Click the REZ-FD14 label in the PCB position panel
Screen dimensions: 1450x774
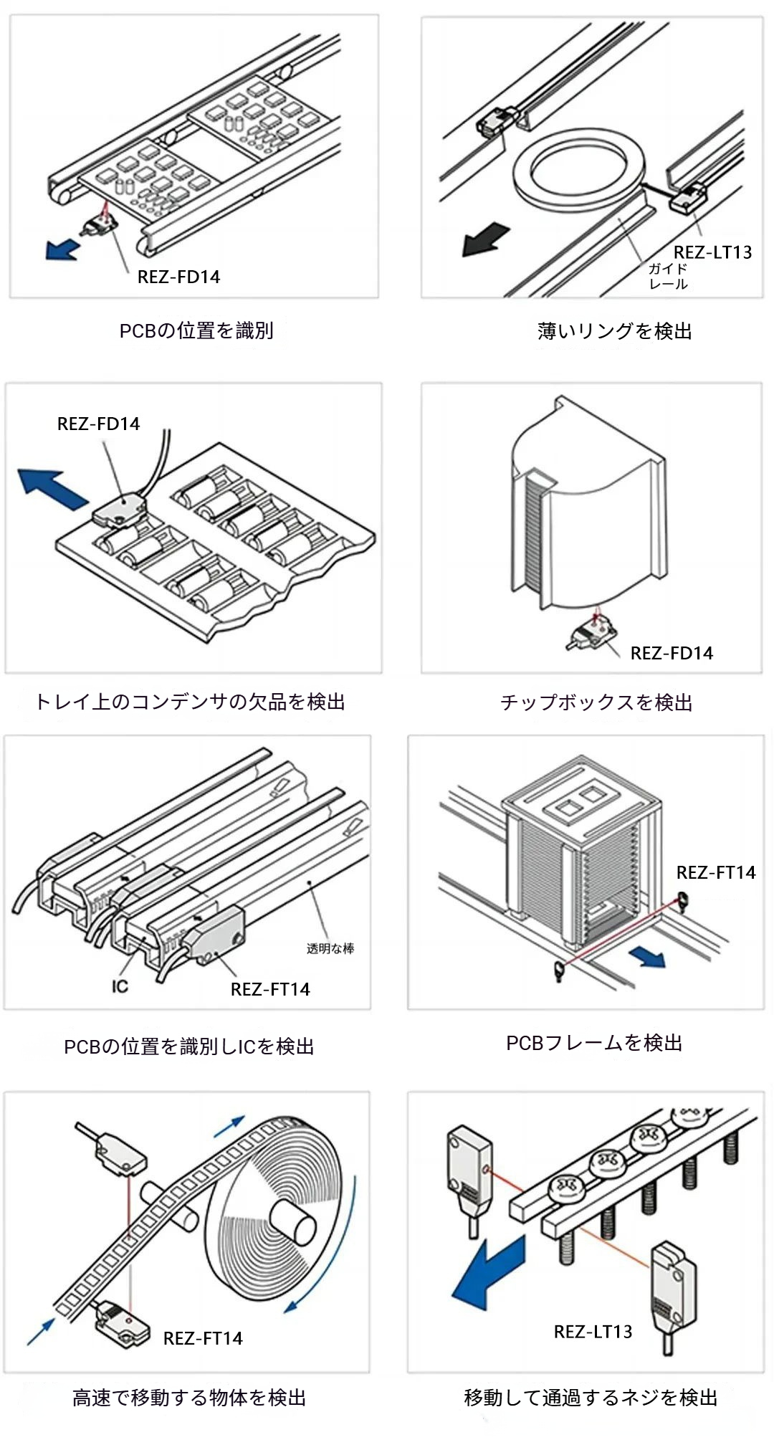coord(178,277)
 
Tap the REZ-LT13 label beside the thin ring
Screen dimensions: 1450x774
coord(712,252)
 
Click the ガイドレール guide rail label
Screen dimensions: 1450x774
coord(668,276)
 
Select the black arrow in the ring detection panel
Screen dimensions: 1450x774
coord(485,239)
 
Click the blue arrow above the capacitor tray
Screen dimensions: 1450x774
coord(52,488)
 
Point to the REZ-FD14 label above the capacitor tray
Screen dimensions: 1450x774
coord(98,424)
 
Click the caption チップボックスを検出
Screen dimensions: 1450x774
coord(596,702)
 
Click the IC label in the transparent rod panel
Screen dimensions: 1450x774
coord(120,986)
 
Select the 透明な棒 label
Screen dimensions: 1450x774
coord(330,948)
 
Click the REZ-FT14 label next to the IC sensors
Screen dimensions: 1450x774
coord(270,989)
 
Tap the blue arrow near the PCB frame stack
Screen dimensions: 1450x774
coord(648,955)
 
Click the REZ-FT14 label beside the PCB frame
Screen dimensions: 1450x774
coord(715,872)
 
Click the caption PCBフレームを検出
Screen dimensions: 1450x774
coord(594,1043)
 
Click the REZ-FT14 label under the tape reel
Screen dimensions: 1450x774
coord(203,1338)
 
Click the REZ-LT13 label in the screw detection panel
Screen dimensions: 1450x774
coord(593,1332)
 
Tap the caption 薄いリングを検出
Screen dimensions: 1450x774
coord(614,330)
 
